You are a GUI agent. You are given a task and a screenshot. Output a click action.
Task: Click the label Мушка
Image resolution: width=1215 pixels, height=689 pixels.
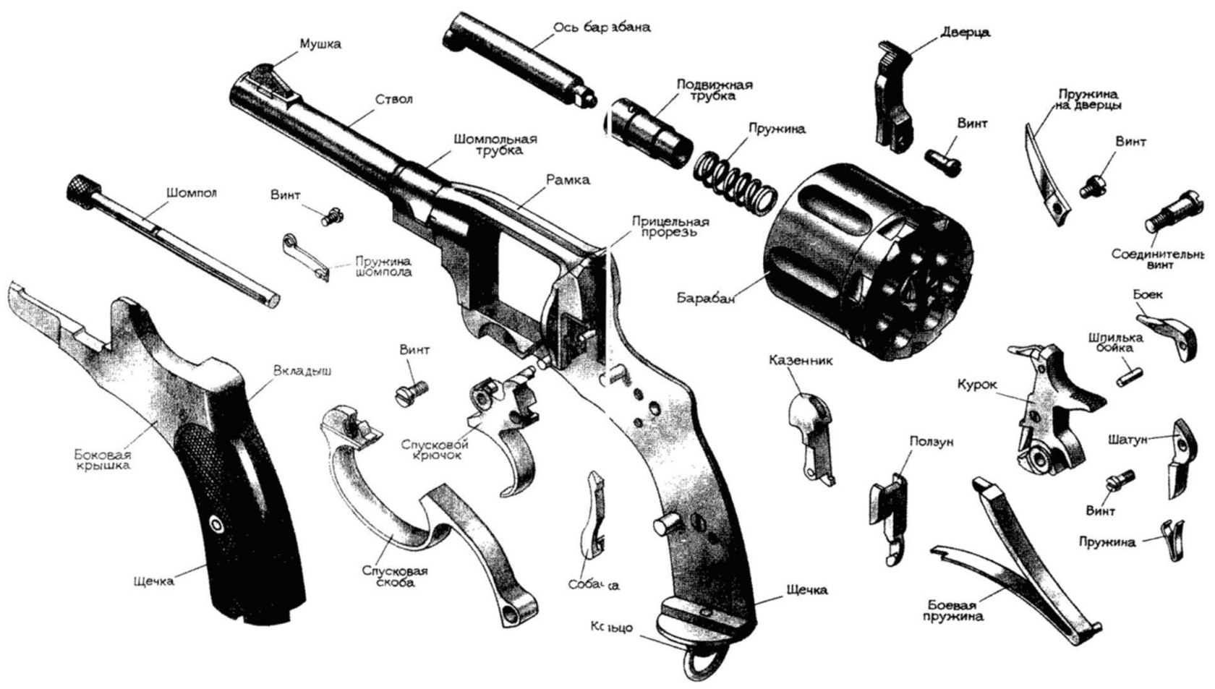tap(320, 44)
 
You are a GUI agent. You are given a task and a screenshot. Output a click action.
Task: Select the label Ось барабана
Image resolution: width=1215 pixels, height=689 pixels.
tap(602, 27)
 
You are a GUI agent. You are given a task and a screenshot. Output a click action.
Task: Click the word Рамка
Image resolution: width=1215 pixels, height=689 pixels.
tap(568, 179)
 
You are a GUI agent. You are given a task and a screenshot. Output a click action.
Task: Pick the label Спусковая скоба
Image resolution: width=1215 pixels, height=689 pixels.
tap(395, 576)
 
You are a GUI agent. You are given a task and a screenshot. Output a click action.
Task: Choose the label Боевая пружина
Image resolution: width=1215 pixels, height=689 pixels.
tap(957, 611)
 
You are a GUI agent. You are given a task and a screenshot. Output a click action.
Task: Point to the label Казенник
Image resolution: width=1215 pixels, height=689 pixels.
tap(801, 359)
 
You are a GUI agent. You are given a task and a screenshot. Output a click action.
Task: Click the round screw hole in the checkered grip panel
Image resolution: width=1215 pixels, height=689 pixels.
tap(216, 523)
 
